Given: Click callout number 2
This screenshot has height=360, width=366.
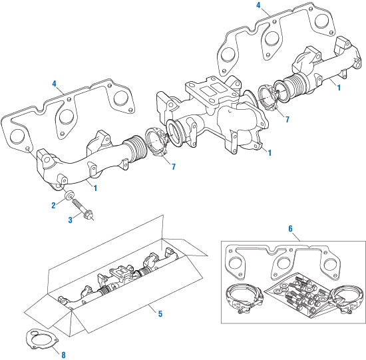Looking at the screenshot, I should coord(54,206).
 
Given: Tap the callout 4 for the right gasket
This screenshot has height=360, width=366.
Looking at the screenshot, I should coord(258,5).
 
